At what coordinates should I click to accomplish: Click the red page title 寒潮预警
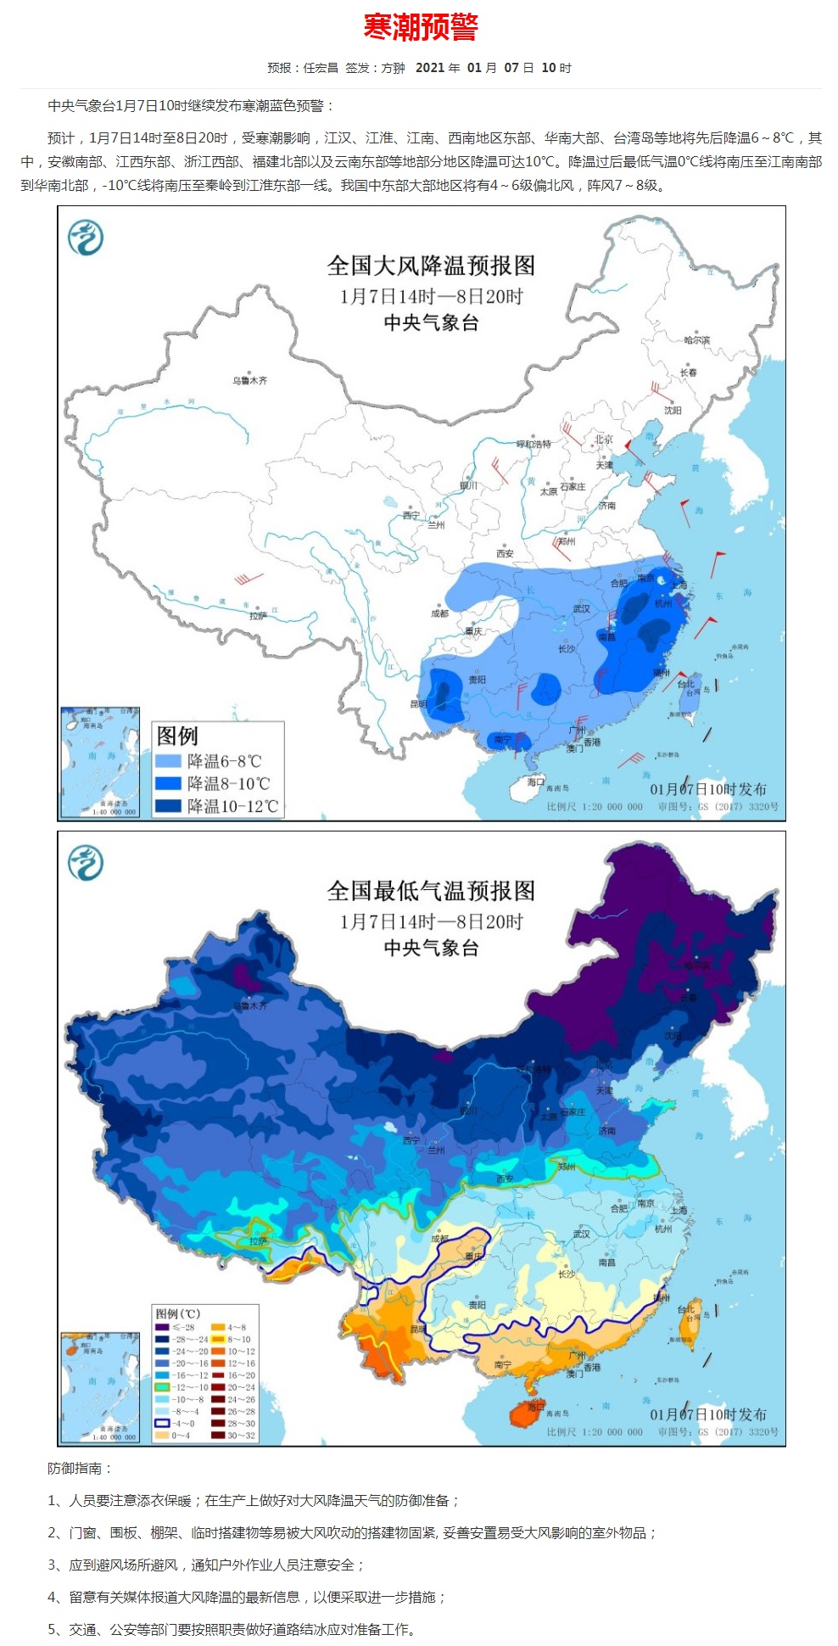[421, 27]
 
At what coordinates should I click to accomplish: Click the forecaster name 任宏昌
[321, 68]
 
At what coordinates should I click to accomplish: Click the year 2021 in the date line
[430, 68]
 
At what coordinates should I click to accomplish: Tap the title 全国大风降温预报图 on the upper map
[431, 266]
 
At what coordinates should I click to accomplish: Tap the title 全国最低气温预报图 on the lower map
[431, 891]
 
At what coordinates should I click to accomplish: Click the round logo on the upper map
[86, 237]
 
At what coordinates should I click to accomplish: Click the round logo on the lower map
[86, 862]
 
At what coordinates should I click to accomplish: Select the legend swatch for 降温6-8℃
[168, 760]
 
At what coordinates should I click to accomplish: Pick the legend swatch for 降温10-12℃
[168, 805]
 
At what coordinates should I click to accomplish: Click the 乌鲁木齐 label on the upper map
[250, 380]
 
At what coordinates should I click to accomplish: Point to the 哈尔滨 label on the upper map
[697, 339]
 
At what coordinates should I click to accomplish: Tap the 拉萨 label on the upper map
[257, 616]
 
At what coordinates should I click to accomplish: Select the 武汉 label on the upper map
[581, 608]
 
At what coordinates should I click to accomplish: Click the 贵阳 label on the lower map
[478, 1305]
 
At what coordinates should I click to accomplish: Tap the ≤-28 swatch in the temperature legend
[162, 1327]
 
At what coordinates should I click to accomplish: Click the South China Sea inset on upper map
[99, 762]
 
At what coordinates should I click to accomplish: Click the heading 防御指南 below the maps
[80, 1468]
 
